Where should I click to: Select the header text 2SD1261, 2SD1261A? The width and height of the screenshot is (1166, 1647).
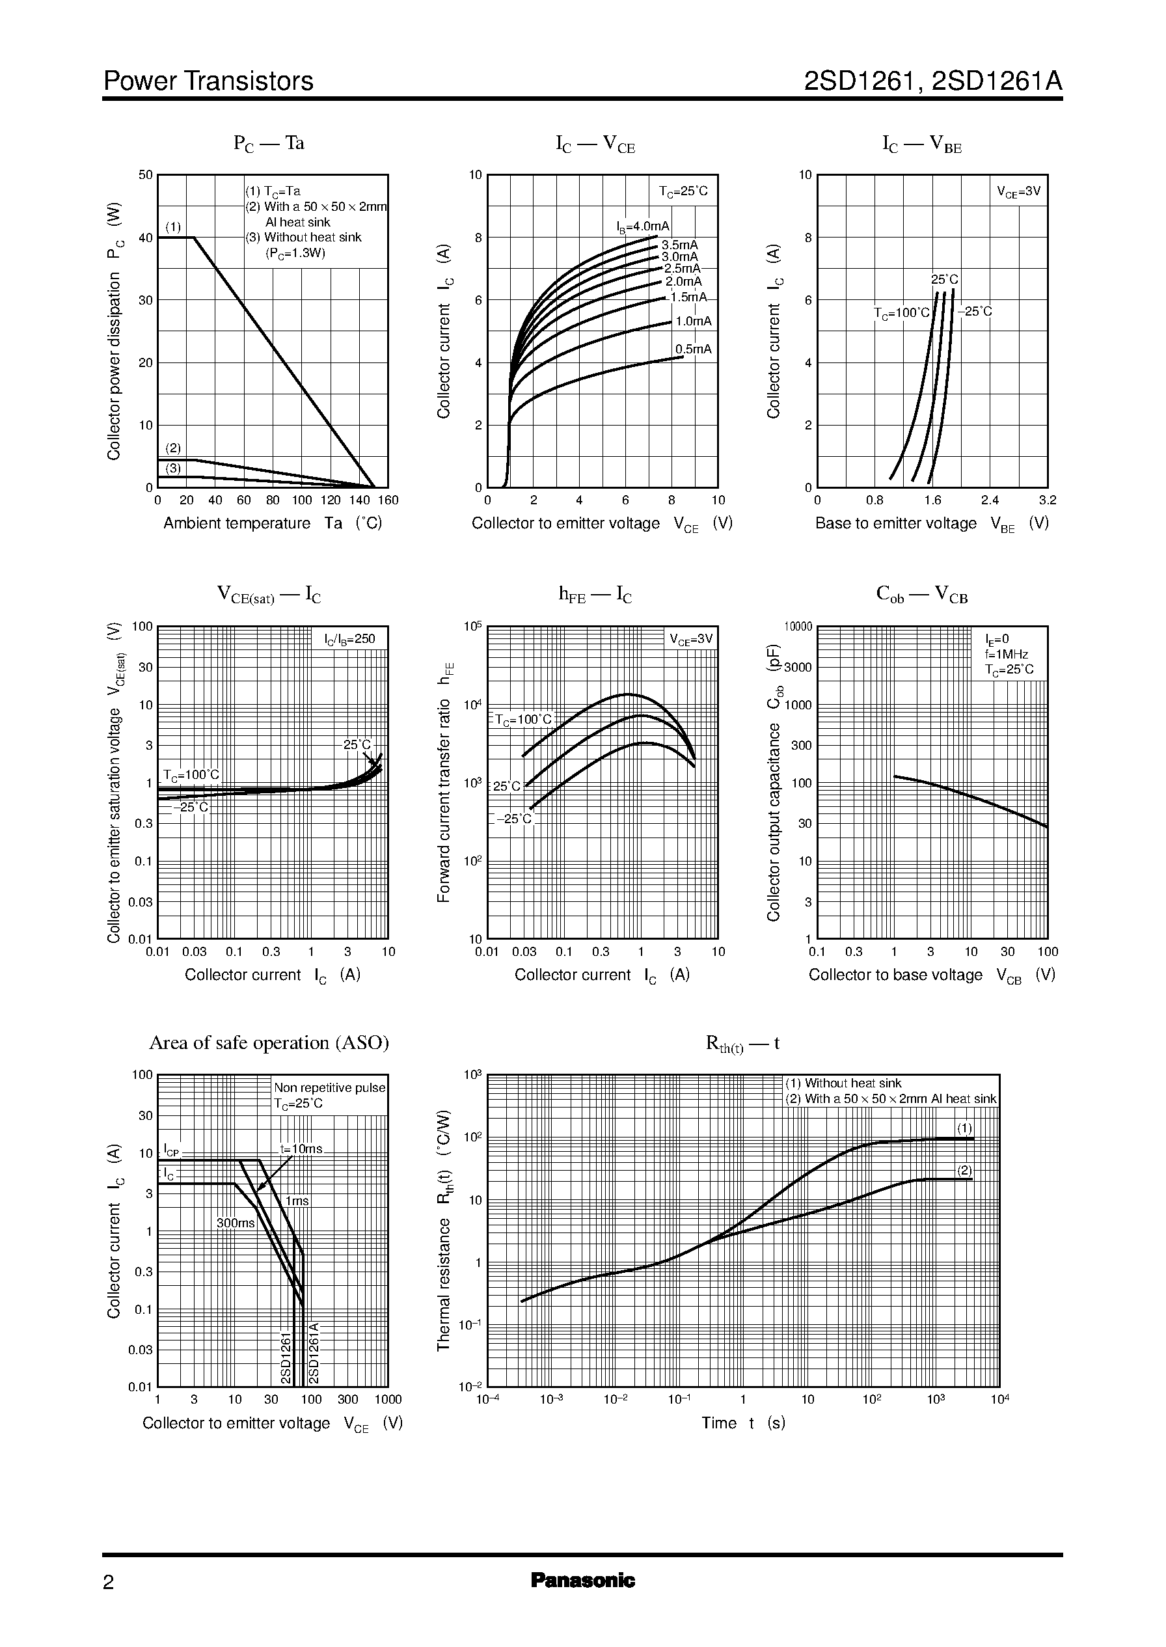click(932, 81)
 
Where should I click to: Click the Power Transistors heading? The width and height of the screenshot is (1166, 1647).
click(208, 81)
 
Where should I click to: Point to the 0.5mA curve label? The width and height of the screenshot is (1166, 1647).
click(693, 349)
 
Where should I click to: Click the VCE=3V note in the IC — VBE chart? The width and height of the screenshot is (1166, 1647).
click(1018, 192)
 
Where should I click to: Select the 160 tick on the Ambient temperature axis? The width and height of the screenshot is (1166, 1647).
click(388, 500)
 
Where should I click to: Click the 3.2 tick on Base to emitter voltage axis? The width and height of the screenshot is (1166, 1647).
click(1047, 500)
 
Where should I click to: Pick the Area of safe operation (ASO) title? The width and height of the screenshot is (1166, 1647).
click(269, 1042)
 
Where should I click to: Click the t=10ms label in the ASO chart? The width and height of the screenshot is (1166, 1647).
click(301, 1149)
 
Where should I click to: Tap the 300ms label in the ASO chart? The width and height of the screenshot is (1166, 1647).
click(236, 1223)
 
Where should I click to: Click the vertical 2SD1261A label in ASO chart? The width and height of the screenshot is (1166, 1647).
click(313, 1353)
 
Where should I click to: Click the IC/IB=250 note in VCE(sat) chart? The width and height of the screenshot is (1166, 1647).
click(349, 639)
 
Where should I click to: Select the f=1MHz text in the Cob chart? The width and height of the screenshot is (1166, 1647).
click(1006, 654)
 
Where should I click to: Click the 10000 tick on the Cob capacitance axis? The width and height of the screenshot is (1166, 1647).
click(798, 627)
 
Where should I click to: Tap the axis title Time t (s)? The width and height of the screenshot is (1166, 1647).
click(743, 1423)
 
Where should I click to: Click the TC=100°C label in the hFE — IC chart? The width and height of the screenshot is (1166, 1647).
click(523, 720)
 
